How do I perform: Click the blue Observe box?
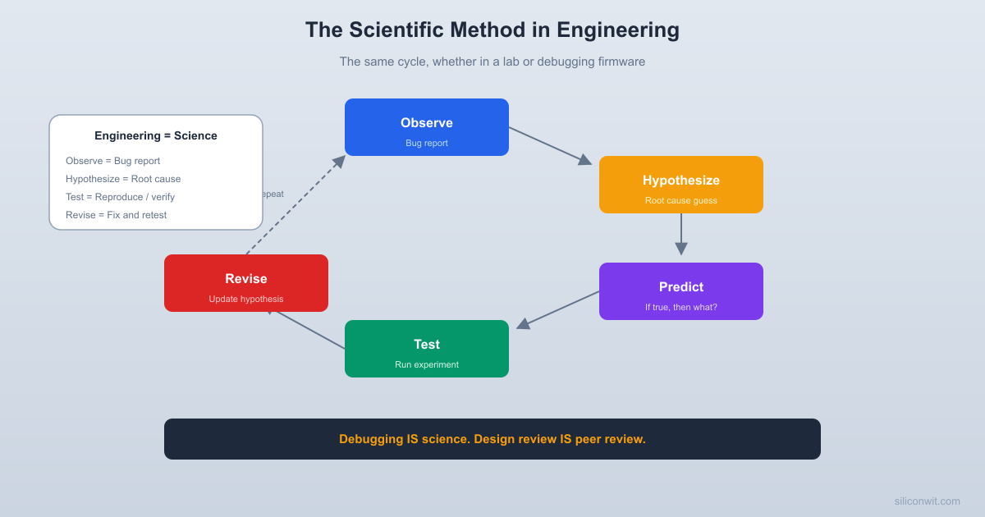[427, 127]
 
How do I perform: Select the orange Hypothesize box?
[681, 185]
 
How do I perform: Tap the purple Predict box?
[681, 291]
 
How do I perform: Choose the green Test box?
[427, 349]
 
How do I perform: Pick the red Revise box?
[246, 283]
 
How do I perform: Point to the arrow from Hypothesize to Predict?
[681, 234]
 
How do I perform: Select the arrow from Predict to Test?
[558, 310]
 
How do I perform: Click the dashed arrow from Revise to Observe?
[295, 205]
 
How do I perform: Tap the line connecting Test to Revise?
[310, 330]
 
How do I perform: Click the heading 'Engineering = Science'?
[156, 135]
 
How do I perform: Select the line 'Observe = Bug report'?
[112, 161]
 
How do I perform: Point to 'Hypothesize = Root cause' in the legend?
[123, 179]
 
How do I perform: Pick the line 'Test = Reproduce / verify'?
[120, 197]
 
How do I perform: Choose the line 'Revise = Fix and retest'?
[116, 215]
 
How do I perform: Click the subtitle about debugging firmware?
[492, 62]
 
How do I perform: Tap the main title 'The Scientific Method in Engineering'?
[492, 30]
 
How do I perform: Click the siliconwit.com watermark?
[927, 501]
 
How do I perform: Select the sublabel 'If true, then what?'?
[681, 307]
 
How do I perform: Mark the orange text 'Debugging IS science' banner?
[492, 439]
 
